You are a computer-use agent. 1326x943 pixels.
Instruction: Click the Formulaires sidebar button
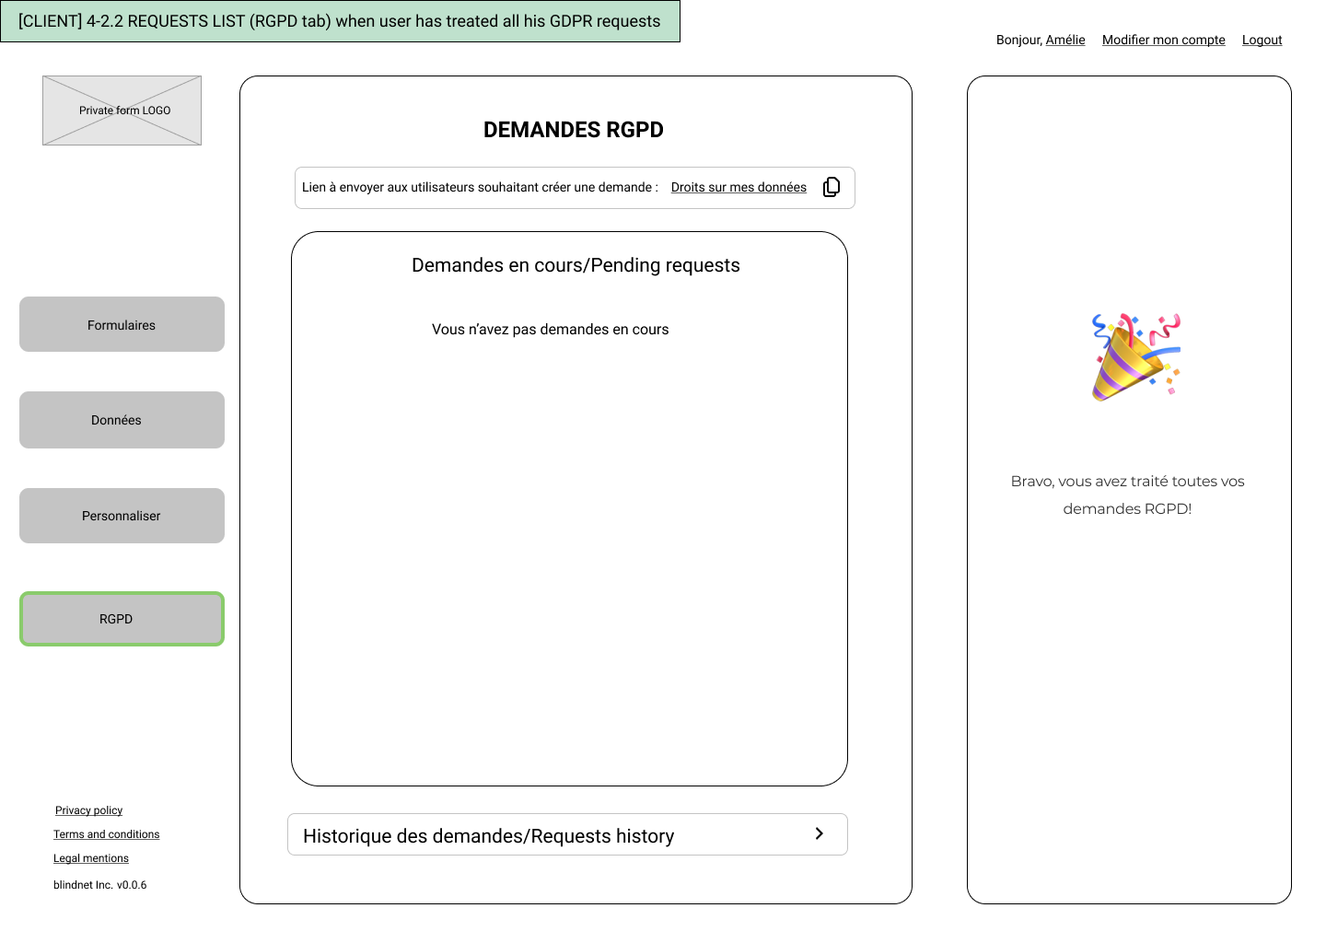tap(122, 324)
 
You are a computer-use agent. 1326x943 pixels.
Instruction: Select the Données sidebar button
tap(122, 420)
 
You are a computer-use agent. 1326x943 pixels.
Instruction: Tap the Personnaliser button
tap(122, 516)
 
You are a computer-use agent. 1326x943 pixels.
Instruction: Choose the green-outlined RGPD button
tap(122, 619)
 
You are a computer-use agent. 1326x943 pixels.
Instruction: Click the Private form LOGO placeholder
tap(122, 111)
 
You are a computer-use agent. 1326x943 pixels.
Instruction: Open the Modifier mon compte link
tap(1163, 40)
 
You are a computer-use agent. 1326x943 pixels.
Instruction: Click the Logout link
tap(1262, 40)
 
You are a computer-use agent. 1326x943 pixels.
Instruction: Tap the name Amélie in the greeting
tap(1064, 40)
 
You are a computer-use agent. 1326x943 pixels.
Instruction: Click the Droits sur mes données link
tap(739, 187)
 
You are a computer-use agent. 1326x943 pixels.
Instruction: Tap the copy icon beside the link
tap(832, 187)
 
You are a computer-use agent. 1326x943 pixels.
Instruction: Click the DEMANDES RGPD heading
tap(573, 130)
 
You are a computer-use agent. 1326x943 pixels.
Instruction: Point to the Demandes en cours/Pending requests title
tap(576, 265)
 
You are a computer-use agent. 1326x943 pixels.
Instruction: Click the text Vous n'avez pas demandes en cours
tap(550, 329)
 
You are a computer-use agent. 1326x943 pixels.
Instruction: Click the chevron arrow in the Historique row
tap(820, 833)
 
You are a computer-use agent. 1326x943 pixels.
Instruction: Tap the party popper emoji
tap(1135, 357)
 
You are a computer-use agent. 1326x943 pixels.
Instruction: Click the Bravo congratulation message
tap(1127, 495)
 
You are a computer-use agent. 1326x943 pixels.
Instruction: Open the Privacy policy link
tap(88, 809)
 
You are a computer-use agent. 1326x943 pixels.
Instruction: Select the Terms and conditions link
tap(107, 834)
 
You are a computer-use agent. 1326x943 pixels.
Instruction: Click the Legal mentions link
tap(90, 858)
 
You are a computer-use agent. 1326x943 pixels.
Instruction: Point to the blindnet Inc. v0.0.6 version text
tap(100, 885)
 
